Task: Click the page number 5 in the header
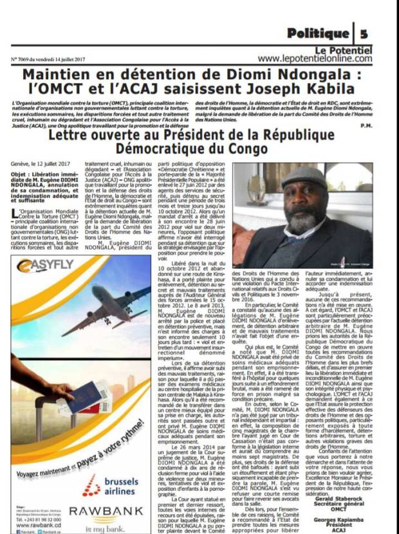pos(364,33)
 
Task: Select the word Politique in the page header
pos(317,33)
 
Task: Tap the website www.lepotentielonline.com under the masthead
pos(315,58)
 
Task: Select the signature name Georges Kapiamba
pos(356,518)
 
